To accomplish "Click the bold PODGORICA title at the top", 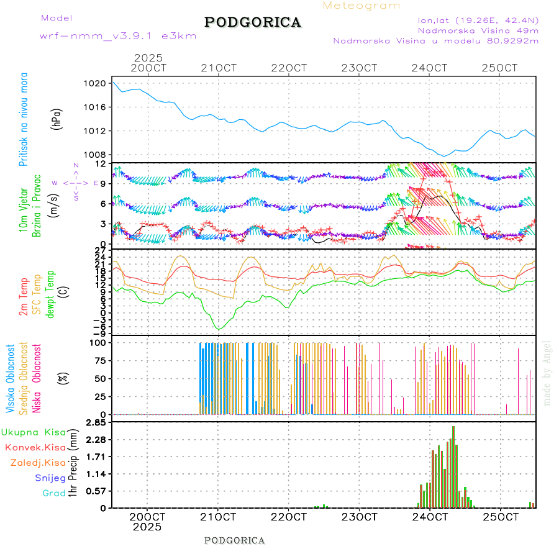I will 253,22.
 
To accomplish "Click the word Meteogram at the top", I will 361,6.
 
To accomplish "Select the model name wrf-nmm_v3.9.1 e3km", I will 118,36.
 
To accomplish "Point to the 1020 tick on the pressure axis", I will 96,83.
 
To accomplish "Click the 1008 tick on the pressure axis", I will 96,155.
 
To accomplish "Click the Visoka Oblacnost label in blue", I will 11,378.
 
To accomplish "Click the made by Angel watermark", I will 547,373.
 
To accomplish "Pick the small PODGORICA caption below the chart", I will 235,540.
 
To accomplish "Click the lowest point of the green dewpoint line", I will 218,329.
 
